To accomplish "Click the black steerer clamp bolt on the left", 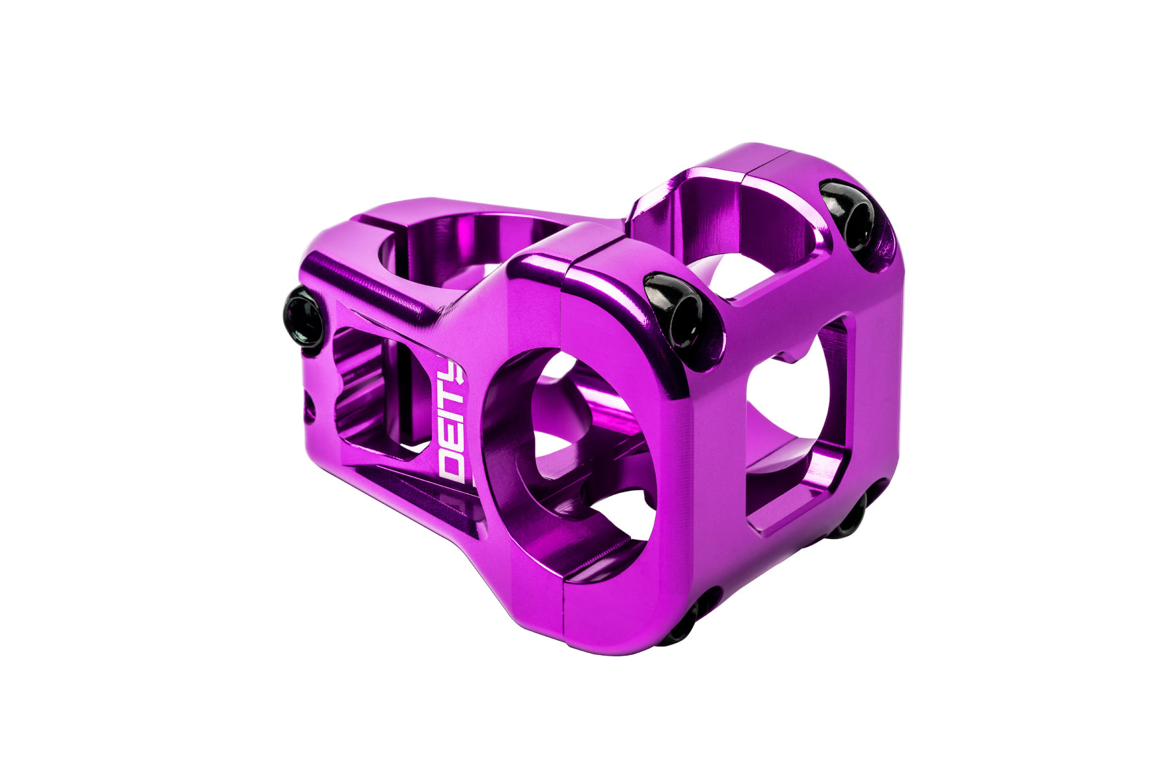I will coord(304,317).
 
